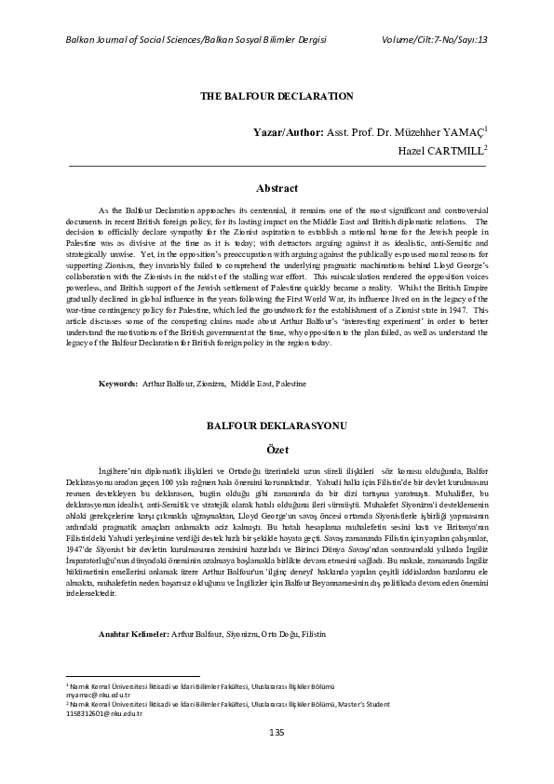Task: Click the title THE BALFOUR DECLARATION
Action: (x=277, y=96)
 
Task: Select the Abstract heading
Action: (x=277, y=188)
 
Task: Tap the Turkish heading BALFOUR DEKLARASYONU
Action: (x=277, y=425)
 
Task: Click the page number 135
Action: (x=277, y=734)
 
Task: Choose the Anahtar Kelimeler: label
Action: (x=133, y=609)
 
